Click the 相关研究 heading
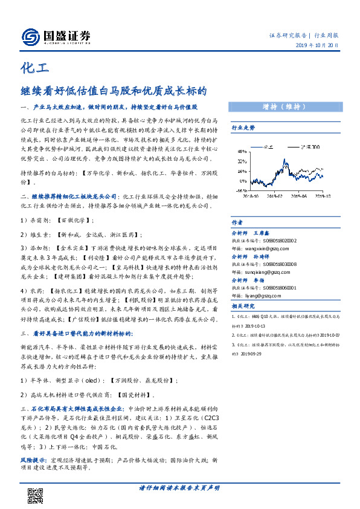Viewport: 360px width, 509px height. click(243, 306)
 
